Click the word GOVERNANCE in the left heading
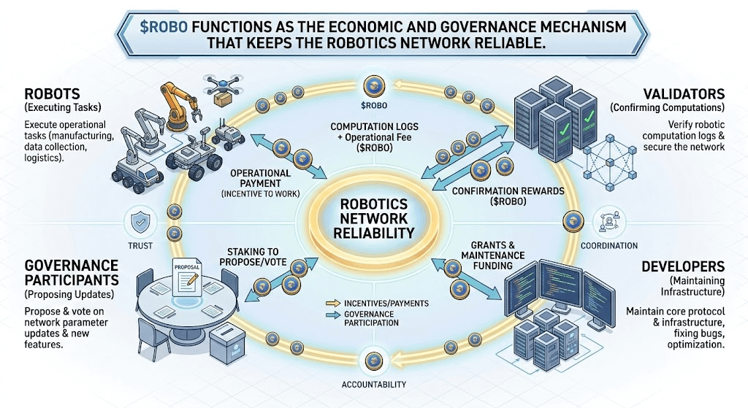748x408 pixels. [x=72, y=265]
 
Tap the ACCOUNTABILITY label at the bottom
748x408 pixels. [x=373, y=384]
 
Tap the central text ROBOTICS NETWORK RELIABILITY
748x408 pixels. [x=374, y=218]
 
